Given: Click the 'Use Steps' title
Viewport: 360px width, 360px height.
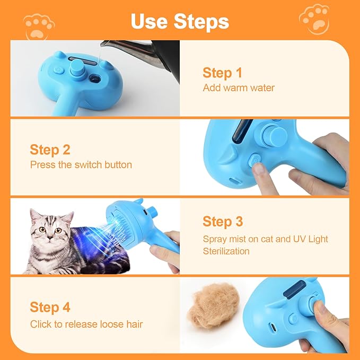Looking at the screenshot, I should point(180,21).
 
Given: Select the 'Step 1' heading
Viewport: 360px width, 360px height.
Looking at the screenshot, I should point(222,73).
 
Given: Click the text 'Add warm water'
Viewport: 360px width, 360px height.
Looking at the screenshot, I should point(239,88).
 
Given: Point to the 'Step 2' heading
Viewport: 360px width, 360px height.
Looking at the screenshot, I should point(50,150).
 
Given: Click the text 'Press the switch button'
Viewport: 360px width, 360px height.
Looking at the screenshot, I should point(81,165).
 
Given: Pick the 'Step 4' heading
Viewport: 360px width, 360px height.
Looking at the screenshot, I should point(50,307).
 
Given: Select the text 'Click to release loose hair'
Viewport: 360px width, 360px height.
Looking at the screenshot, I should point(86,324).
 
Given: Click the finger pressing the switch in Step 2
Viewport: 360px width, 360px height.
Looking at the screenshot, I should point(259,171).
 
